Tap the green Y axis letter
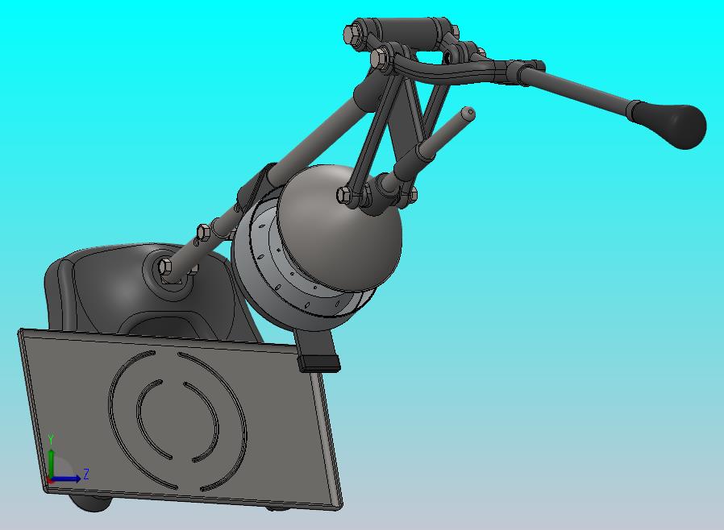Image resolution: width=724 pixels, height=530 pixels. coord(51,439)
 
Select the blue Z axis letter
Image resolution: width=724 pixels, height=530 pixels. coord(85,474)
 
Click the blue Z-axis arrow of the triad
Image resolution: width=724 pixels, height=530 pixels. coord(69,479)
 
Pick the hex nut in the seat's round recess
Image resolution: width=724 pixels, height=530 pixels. coord(166,267)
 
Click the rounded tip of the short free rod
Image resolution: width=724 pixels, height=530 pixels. coord(468,113)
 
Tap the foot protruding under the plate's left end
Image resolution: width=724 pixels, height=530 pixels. coord(89,505)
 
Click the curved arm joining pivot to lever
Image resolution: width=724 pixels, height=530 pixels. coord(451,72)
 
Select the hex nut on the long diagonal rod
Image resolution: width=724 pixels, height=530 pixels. coord(203,233)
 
